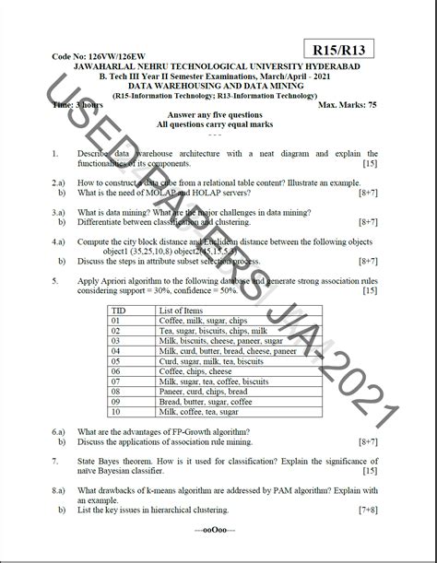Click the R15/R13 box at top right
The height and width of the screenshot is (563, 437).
[341, 53]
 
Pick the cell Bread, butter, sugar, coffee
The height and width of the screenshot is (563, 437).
[205, 401]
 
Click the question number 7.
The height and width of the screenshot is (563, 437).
[56, 458]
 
